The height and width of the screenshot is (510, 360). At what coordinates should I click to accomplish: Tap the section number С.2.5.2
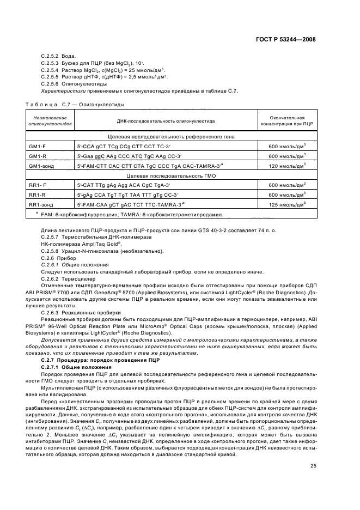[51, 57]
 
